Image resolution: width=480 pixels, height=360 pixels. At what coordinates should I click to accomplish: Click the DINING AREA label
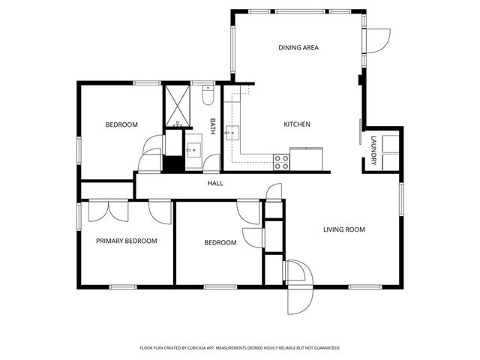298,47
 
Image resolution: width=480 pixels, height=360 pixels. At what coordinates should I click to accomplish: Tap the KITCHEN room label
296,124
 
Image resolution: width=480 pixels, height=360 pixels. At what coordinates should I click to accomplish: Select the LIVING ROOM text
344,229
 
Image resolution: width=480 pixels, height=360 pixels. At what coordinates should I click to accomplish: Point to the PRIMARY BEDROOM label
126,241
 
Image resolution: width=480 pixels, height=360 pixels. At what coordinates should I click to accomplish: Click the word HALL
215,183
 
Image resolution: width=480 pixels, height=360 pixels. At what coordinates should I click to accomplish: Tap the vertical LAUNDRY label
373,147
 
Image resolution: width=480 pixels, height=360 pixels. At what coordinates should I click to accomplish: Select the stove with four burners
281,162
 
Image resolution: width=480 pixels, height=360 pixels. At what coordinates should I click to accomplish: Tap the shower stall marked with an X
178,106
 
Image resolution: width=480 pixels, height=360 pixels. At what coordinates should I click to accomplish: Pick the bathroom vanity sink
193,148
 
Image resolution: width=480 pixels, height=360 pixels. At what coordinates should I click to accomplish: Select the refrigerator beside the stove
306,159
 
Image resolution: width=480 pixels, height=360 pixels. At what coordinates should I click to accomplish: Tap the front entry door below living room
298,289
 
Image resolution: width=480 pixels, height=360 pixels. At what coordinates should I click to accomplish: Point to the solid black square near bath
173,163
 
